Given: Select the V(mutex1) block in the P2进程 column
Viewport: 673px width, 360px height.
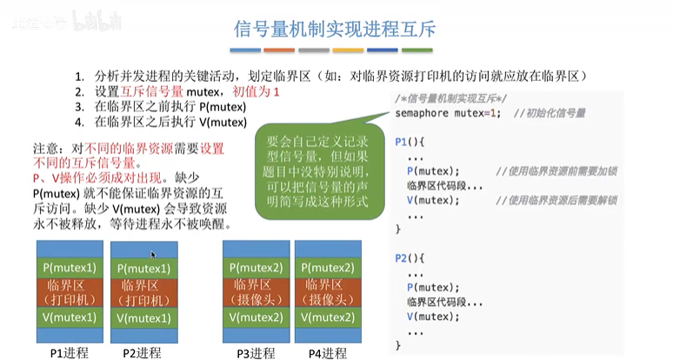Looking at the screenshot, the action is tap(143, 318).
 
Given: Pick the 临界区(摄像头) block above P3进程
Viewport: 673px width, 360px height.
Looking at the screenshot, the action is tap(256, 292).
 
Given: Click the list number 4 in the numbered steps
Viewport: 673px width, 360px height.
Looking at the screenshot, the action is tap(78, 122).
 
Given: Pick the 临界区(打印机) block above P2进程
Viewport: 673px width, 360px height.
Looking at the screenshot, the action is tap(143, 292).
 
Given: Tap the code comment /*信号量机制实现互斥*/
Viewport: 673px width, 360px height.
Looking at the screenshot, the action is tap(452, 97).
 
